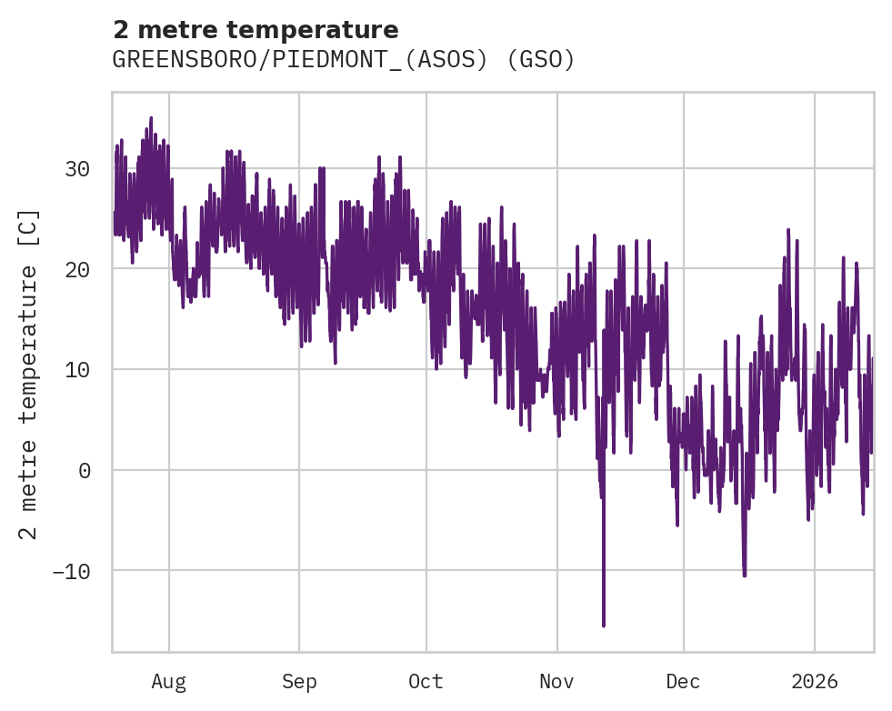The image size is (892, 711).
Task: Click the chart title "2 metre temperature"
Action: pyautogui.click(x=256, y=30)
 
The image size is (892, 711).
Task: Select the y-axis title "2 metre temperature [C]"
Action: pyautogui.click(x=30, y=374)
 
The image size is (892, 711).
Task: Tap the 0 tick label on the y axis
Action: pyautogui.click(x=84, y=470)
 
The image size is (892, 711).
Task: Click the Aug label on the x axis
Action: pyautogui.click(x=169, y=682)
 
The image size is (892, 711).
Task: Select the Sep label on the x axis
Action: pyautogui.click(x=298, y=682)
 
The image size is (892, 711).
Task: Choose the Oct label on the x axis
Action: pyautogui.click(x=426, y=682)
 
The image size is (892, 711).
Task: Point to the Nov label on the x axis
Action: pyautogui.click(x=556, y=682)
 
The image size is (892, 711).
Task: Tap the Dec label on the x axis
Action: pyautogui.click(x=683, y=682)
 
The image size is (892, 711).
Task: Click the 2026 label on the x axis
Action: pyautogui.click(x=815, y=682)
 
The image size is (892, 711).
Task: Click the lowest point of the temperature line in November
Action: pyautogui.click(x=603, y=626)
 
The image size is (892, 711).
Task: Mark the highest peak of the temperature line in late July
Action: pyautogui.click(x=151, y=118)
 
